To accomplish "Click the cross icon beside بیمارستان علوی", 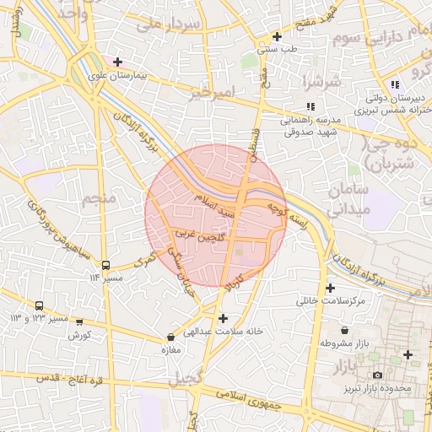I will coord(117,62).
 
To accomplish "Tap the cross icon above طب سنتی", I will coord(277,36).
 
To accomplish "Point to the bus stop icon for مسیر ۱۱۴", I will coord(105,265).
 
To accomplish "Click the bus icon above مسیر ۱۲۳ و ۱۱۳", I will coord(39,305).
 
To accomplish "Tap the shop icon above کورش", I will coord(79,321).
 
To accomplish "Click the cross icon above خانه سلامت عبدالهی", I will coord(223,318).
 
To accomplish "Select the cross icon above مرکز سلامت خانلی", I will coord(330,288).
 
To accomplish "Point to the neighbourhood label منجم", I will coord(99,198).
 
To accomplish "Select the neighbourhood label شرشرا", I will coord(324,83).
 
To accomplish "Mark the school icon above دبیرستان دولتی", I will coord(396,84).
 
